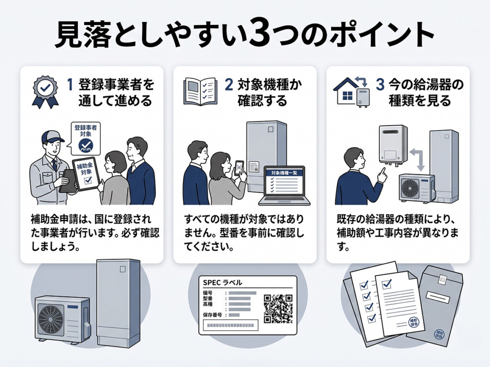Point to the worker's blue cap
tap(52, 137)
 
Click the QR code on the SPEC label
tap(278, 307)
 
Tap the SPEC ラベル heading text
tap(223, 282)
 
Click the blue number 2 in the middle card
tap(229, 85)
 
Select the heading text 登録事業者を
tap(117, 85)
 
